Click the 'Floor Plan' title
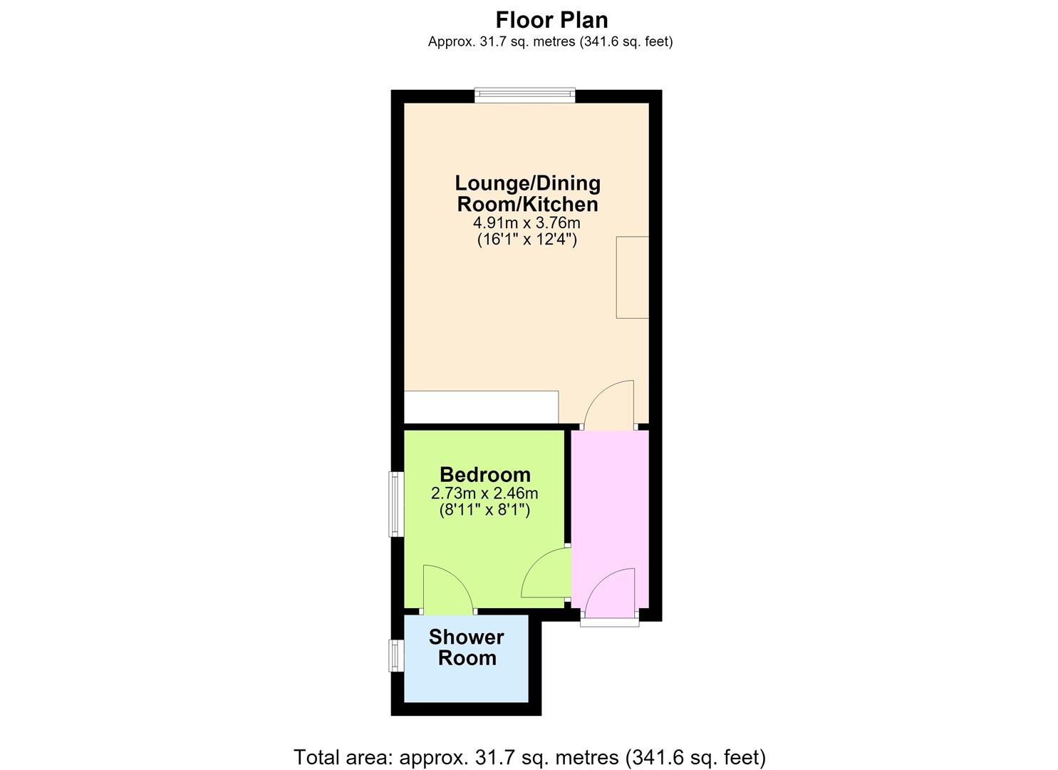click(x=551, y=21)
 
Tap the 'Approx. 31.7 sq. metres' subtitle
click(x=550, y=42)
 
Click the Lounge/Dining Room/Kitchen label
click(x=528, y=194)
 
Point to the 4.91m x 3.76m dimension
click(x=527, y=222)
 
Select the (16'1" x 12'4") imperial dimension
click(x=527, y=240)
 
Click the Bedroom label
click(x=485, y=475)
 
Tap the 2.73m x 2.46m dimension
click(x=484, y=493)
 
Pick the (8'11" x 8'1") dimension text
click(x=484, y=510)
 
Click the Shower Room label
click(x=467, y=647)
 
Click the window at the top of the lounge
click(x=525, y=95)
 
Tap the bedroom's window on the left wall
click(x=396, y=504)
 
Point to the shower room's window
click(x=396, y=655)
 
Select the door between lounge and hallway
click(x=609, y=404)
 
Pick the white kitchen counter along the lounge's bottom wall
click(x=482, y=407)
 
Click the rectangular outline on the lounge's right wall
click(x=633, y=277)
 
